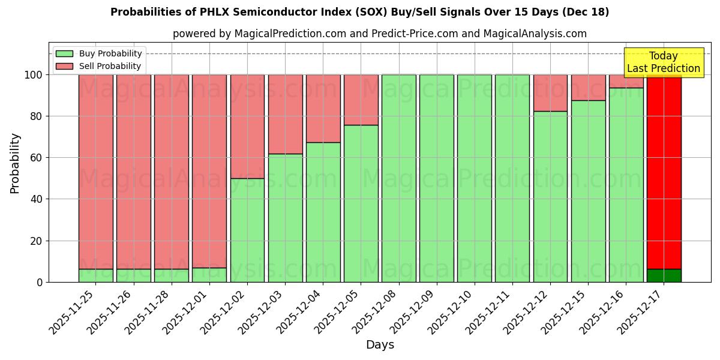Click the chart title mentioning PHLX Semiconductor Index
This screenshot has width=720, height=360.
tap(359, 12)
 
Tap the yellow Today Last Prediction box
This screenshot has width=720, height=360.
tap(663, 62)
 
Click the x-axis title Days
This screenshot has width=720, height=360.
tap(380, 345)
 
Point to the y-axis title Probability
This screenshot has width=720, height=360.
tap(15, 163)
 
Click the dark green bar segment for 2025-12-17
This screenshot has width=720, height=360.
tap(664, 275)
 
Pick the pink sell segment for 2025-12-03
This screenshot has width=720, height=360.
tap(285, 114)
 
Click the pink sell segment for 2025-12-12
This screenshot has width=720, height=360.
tap(550, 92)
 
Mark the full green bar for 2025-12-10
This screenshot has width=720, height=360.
tap(474, 178)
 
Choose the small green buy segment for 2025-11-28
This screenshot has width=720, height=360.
tap(172, 275)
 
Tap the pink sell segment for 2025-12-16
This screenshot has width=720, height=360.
tap(626, 81)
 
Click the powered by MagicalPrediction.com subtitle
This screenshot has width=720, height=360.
tap(379, 34)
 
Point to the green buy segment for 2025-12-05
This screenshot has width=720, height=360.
tap(361, 203)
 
